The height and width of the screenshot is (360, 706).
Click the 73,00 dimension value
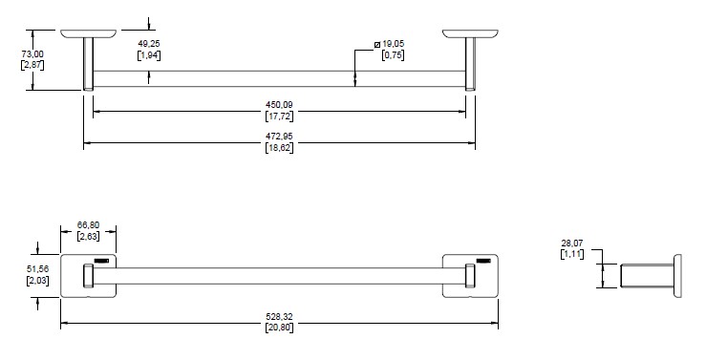[x=32, y=54]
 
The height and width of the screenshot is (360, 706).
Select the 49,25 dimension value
[x=149, y=44]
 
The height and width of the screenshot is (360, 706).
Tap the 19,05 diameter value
[x=393, y=44]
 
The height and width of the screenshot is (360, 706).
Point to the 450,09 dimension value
[x=279, y=105]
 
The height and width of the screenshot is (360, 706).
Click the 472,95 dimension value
[x=279, y=136]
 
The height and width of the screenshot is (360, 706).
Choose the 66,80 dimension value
[x=88, y=225]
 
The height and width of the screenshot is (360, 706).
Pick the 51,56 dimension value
[x=38, y=269]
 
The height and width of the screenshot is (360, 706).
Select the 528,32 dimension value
[x=279, y=317]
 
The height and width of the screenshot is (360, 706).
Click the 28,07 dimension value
[x=572, y=244]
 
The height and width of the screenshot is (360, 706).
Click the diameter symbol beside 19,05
[x=377, y=44]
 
